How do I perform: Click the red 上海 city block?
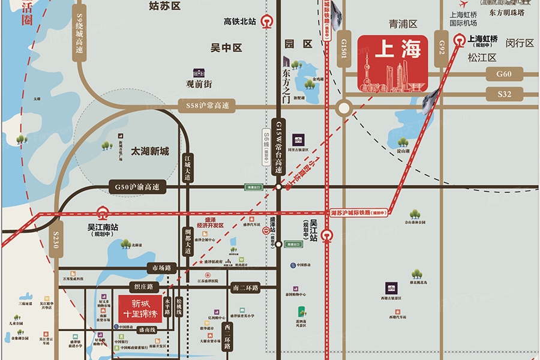click(x=393, y=63)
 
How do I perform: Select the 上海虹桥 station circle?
click(x=460, y=41)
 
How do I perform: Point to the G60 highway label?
click(x=504, y=74)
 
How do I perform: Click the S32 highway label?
click(x=504, y=94)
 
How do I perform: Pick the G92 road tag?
click(x=442, y=46)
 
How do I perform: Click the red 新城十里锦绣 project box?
click(x=139, y=308)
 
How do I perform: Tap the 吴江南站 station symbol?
click(x=103, y=212)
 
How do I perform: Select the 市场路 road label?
click(x=163, y=268)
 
